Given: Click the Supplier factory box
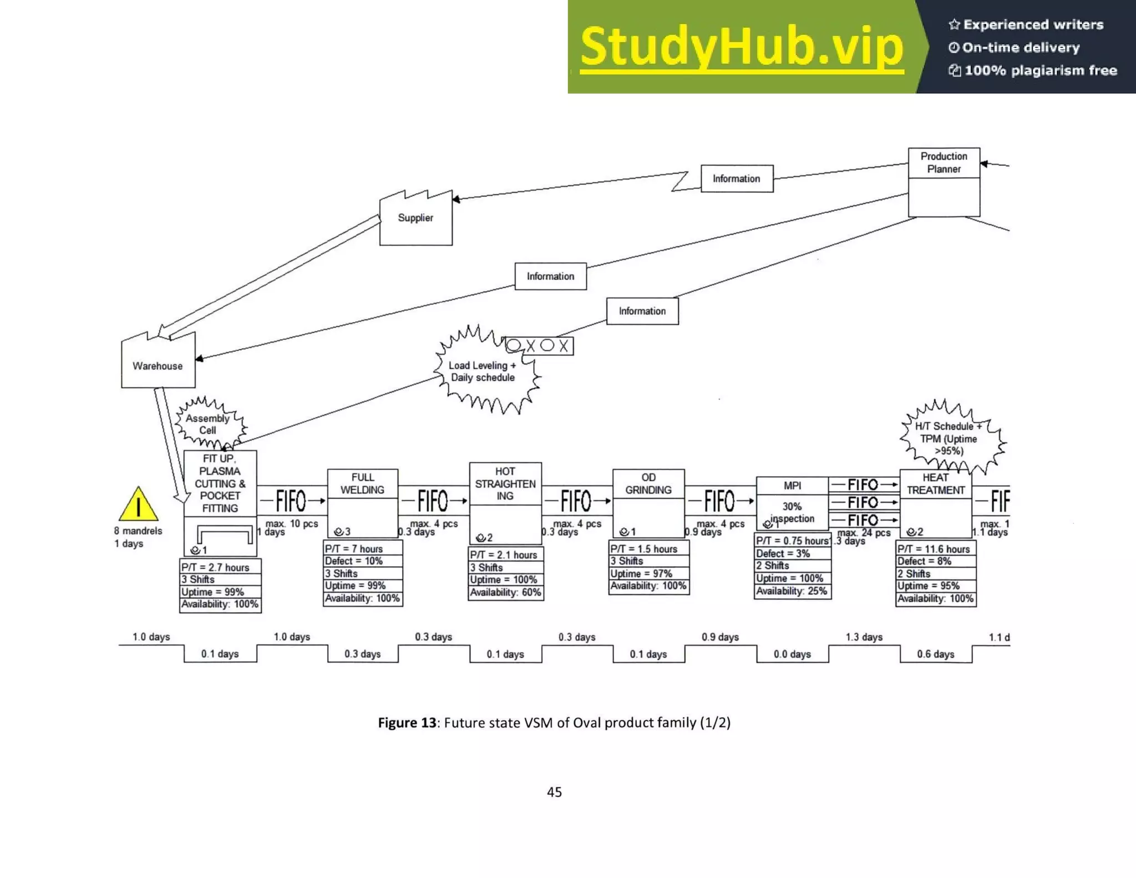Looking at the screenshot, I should pos(415,218).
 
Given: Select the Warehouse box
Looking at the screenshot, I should pos(158,365).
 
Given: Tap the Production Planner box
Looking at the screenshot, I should pos(944,163).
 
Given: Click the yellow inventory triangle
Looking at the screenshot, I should pos(138,505).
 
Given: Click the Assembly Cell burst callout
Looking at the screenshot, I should pos(209,424).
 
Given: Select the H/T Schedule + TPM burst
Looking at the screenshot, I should pos(949,438).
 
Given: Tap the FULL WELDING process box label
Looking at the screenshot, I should pos(362,483).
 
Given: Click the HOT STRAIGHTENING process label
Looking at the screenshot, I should pos(505,483).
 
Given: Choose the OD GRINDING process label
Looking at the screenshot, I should pos(648,483).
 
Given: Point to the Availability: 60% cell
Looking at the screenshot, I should pos(505,592).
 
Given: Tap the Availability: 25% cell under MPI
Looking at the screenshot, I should pos(792,591).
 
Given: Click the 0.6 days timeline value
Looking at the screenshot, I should pos(935,654).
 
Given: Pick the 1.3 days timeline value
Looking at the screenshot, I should pos(864,637).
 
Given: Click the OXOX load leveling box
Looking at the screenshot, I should pos(539,346).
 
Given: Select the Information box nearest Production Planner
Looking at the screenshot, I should pos(736,179).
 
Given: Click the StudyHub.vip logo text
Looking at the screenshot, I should pos(742,47).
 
